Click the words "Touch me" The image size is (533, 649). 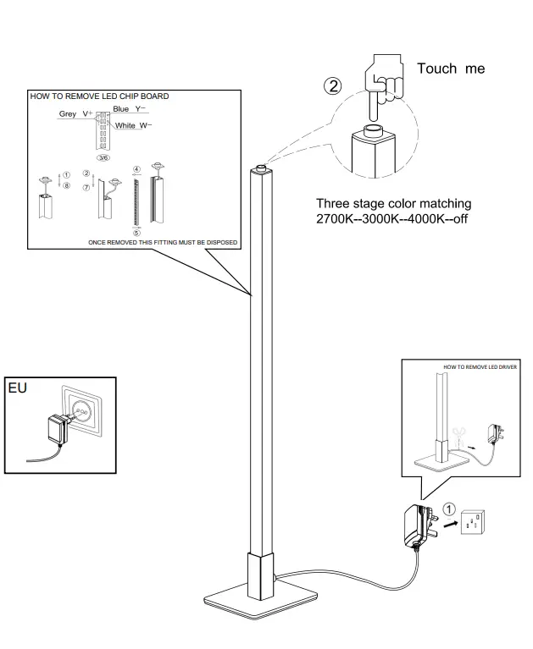pyautogui.click(x=450, y=68)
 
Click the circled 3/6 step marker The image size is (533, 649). pyautogui.click(x=103, y=158)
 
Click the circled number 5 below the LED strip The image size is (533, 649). pyautogui.click(x=136, y=232)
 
